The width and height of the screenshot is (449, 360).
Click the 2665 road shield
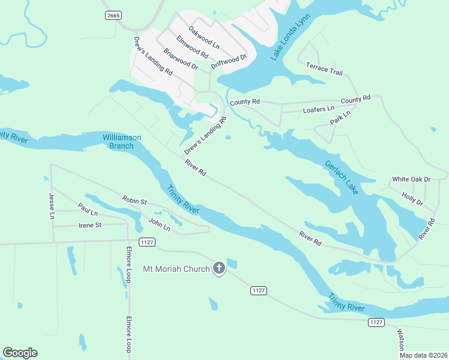coord(112,15)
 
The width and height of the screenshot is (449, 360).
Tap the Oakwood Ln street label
coord(204,37)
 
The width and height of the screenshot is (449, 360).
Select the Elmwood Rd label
coord(192,47)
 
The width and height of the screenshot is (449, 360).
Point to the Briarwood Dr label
coord(181,59)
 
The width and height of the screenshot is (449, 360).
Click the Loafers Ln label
coord(318,109)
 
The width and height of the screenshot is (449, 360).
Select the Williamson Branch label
coord(122,142)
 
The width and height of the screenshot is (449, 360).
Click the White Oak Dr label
coord(411,179)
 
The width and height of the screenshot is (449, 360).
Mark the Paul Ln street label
coord(88,209)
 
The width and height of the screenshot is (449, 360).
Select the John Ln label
coord(159,226)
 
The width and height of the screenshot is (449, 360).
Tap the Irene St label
coord(91,225)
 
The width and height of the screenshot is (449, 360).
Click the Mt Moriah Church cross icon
coord(219,268)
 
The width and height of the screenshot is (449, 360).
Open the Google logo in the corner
coord(20,353)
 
